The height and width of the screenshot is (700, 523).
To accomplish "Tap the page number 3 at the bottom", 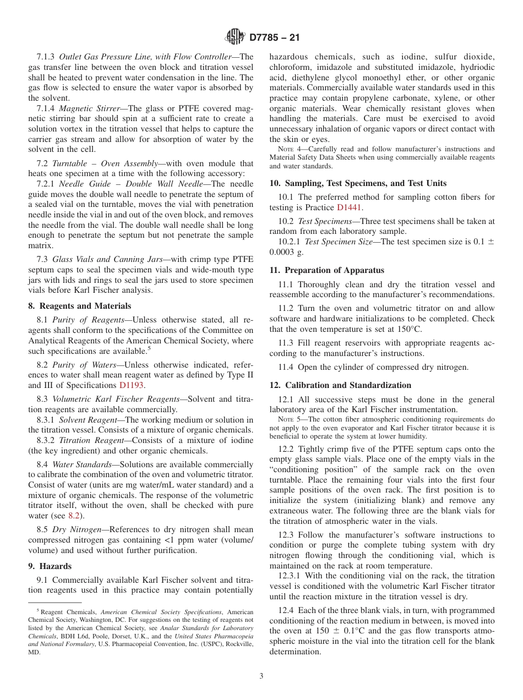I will point(261,676).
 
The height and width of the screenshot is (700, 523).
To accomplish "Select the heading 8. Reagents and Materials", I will point(80,306).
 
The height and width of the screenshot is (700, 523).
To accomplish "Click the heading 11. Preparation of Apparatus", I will point(326,270).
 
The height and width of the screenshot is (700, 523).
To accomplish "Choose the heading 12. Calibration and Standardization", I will point(340,385).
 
